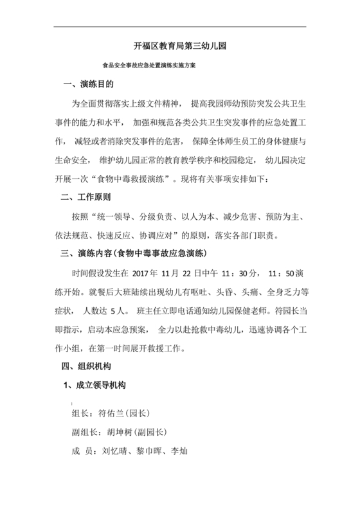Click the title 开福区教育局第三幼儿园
pos(179,47)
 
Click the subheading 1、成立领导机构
pos(94,386)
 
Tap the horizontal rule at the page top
pos(179,27)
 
